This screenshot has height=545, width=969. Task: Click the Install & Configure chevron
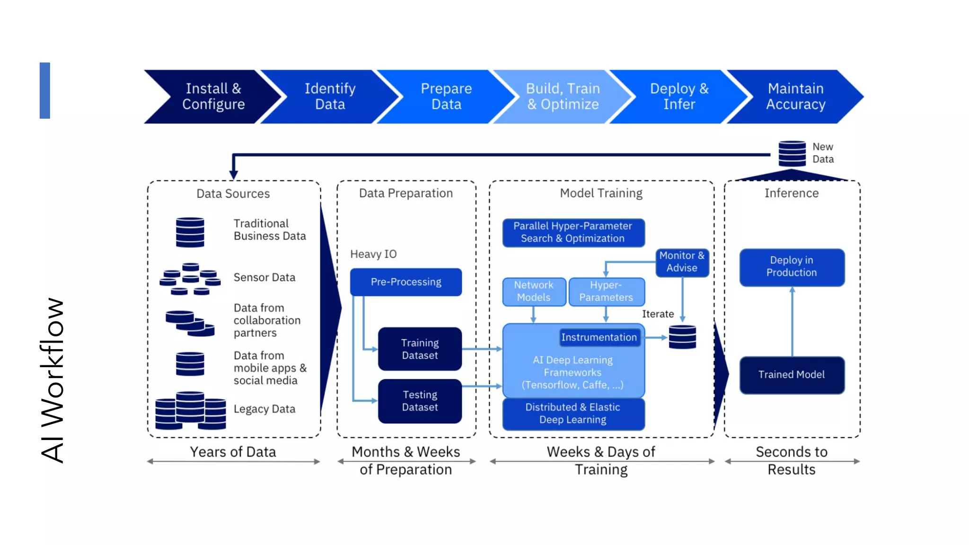click(213, 97)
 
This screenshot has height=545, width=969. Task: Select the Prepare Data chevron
click(446, 97)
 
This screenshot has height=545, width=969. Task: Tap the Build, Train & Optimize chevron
click(563, 97)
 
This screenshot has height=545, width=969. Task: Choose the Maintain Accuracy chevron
click(795, 97)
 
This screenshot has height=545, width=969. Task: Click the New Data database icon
click(792, 153)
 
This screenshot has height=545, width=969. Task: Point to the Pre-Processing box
click(406, 282)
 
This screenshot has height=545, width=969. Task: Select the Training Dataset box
click(420, 349)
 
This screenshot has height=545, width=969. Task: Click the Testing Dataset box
click(420, 401)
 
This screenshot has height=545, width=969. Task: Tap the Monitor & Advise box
click(682, 262)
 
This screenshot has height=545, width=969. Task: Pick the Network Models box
click(534, 291)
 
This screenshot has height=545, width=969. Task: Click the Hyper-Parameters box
click(606, 291)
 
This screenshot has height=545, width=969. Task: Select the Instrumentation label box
click(599, 337)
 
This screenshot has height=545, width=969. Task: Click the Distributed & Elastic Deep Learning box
click(573, 413)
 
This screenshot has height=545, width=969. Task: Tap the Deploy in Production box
click(792, 267)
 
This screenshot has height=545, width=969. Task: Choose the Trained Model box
click(792, 375)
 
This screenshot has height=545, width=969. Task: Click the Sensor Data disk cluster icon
click(190, 279)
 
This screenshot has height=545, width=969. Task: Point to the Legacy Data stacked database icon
click(190, 410)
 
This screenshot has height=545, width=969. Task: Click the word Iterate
click(658, 314)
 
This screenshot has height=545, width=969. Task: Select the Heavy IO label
click(373, 255)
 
